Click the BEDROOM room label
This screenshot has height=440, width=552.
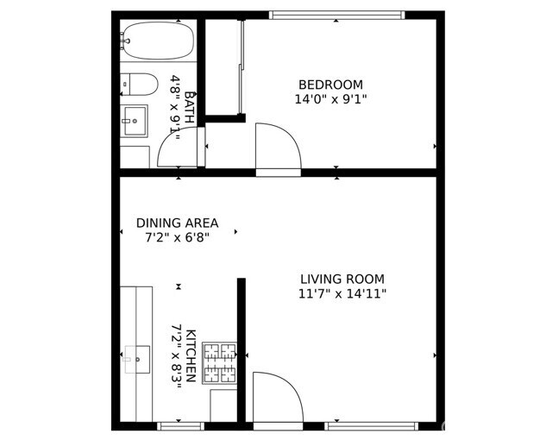tap(330, 85)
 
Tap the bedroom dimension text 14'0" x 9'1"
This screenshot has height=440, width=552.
tap(330, 99)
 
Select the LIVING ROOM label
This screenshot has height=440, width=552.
tap(342, 280)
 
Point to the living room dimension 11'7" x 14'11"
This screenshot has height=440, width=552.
tap(342, 294)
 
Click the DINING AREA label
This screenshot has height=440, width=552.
tap(177, 223)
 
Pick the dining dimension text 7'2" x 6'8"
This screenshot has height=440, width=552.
tap(177, 236)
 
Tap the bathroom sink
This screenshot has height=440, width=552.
tap(134, 122)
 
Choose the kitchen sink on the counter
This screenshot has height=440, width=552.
tap(137, 358)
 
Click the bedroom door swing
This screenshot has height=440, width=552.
tap(277, 148)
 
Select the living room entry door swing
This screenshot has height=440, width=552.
tap(275, 396)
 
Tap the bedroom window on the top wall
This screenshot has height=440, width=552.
tap(336, 15)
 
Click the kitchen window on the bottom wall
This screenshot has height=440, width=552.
tap(181, 425)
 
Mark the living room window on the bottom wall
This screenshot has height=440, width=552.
tap(372, 425)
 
